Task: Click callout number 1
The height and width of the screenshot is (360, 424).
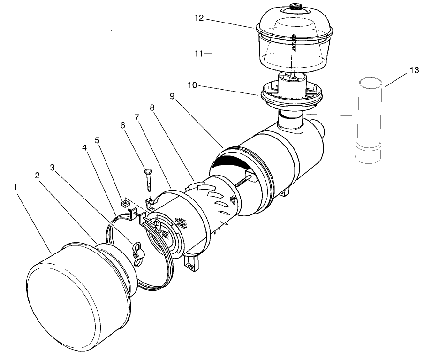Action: coord(17,186)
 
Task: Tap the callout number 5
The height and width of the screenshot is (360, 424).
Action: coord(98,139)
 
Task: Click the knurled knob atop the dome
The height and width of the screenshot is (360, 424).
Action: coord(296,8)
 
